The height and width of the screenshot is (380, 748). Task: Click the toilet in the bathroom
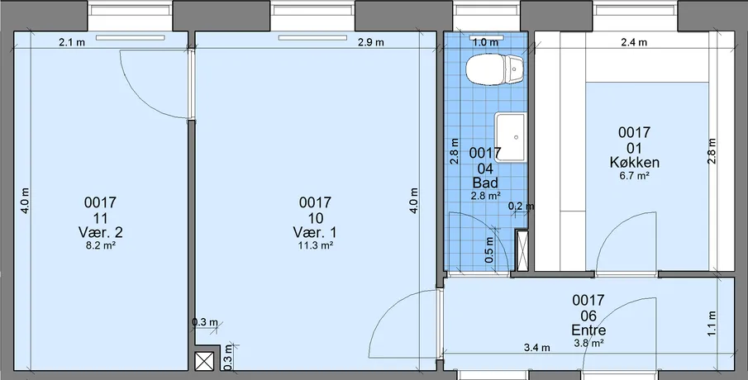(495, 69)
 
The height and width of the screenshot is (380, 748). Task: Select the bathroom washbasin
(511, 137)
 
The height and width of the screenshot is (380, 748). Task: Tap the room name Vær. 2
(100, 233)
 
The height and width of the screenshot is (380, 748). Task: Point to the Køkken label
(635, 163)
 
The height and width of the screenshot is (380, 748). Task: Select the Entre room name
(588, 330)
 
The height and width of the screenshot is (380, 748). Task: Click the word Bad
(485, 183)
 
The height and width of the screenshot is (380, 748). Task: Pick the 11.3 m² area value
(315, 246)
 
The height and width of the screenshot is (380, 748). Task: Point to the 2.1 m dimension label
(72, 42)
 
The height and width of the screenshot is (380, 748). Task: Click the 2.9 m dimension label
(370, 42)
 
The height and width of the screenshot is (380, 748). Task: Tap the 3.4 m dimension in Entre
(536, 348)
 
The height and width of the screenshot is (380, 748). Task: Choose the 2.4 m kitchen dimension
(634, 42)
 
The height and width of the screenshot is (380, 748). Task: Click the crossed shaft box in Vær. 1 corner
(205, 361)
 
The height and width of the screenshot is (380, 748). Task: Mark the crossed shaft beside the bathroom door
(522, 249)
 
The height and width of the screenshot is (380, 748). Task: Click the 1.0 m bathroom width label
(485, 42)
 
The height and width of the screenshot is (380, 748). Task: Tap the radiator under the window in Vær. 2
(131, 38)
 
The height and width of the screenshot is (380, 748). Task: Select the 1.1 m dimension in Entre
(712, 323)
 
